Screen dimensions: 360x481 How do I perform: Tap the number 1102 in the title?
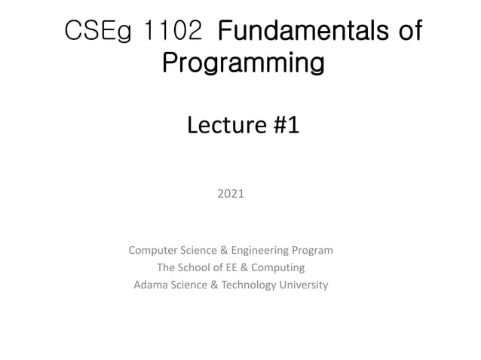[x=174, y=32]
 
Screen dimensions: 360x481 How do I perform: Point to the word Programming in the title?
[x=243, y=63]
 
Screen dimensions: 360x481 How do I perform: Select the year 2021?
[x=231, y=194]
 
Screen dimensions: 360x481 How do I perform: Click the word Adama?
[x=149, y=285]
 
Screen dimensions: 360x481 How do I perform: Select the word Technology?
[x=244, y=285]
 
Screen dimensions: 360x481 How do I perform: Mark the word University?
[x=302, y=285]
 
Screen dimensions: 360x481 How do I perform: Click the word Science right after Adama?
[x=188, y=285]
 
